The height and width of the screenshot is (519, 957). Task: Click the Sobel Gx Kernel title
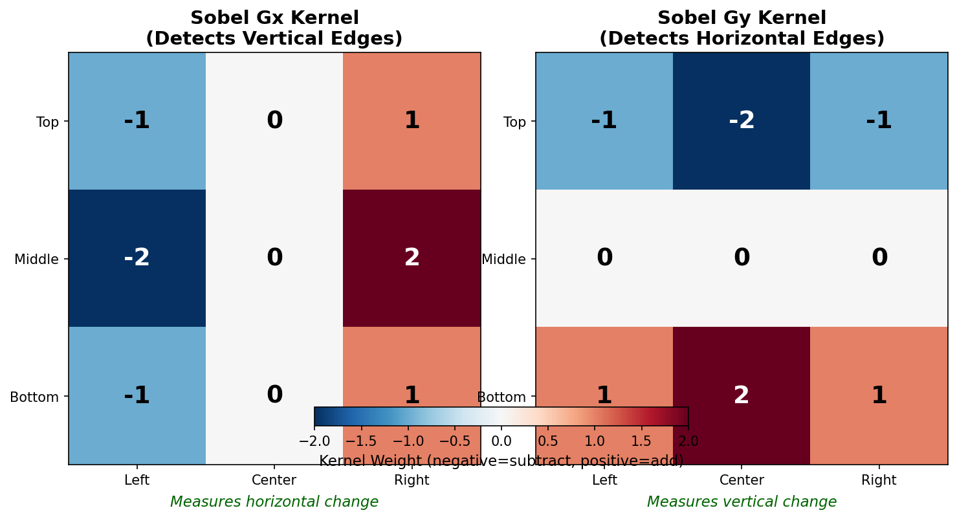[274, 28]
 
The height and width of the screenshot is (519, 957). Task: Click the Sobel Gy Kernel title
[742, 28]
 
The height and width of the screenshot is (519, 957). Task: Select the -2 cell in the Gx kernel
[137, 258]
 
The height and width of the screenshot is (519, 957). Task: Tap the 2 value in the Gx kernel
[412, 258]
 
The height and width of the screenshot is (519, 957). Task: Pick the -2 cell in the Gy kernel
[742, 121]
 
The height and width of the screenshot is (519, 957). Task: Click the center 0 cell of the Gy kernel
[742, 258]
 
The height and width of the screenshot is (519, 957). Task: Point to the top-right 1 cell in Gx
[412, 121]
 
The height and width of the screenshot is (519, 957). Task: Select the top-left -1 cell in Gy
[604, 121]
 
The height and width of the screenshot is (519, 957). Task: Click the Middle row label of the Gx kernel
[36, 259]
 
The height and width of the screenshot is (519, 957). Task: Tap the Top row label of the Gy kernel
[514, 122]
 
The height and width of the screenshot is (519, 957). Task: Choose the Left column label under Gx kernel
[137, 480]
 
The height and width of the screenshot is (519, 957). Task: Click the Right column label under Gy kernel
[879, 480]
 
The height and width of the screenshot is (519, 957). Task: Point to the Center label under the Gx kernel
[274, 480]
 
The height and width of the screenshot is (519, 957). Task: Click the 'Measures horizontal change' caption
[274, 502]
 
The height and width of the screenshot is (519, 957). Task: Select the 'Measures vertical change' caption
[742, 502]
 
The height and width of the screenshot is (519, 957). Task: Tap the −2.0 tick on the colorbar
[314, 441]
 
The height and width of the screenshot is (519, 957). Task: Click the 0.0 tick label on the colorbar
[501, 441]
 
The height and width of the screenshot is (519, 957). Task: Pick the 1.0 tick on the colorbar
[595, 441]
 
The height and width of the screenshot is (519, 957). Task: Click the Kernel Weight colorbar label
[501, 461]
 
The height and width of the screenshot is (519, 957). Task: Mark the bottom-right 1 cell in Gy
[879, 395]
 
